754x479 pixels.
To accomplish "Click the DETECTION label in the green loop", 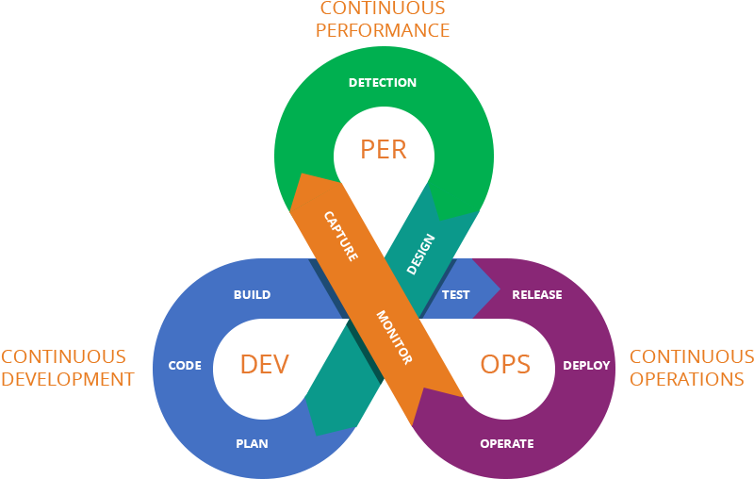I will [383, 82].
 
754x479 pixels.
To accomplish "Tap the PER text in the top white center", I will [384, 148].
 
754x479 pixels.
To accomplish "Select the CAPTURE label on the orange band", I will [340, 236].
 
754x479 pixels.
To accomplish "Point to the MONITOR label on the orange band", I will [394, 337].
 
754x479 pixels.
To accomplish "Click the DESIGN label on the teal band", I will [420, 254].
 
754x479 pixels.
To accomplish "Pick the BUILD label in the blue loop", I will [252, 295].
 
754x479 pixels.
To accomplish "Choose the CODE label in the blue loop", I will [185, 365].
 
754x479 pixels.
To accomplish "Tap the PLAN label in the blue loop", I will [252, 443].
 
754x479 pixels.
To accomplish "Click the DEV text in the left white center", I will [264, 364].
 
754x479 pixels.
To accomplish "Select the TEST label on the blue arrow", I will [456, 295].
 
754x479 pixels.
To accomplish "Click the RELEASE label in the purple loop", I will [537, 295].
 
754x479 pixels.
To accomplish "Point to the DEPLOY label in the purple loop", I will [586, 365].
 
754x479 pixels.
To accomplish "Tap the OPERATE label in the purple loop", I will [507, 443].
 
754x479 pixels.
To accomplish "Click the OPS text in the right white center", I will [505, 364].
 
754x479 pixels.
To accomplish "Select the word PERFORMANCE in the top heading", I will [383, 30].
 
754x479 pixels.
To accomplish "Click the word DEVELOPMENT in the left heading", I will [68, 380].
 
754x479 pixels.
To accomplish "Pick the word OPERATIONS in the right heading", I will [687, 380].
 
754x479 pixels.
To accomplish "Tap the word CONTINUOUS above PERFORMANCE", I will [383, 8].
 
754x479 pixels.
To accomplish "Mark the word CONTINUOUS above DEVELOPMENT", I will [64, 357].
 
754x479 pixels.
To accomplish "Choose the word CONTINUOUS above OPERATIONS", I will [691, 357].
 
